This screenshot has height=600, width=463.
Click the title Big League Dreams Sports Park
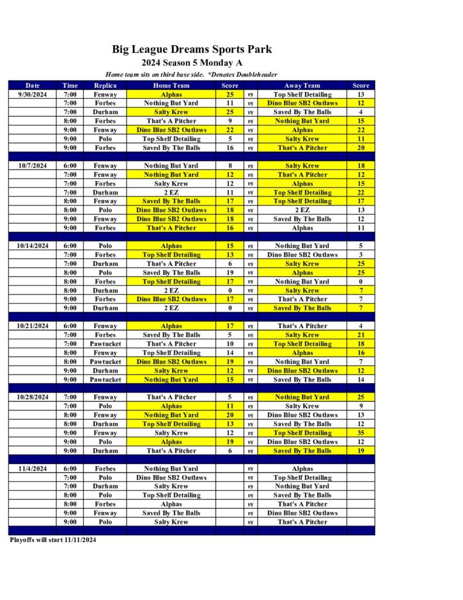click(192, 49)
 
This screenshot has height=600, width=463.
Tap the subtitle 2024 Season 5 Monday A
click(192, 63)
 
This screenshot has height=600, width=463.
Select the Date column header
click(33, 86)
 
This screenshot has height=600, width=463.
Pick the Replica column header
click(105, 86)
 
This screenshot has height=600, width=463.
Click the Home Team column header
click(171, 86)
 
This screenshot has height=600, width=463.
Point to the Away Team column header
click(302, 86)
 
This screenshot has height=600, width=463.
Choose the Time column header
click(70, 86)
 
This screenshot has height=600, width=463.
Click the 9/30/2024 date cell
click(33, 94)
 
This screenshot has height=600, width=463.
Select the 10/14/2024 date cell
click(33, 246)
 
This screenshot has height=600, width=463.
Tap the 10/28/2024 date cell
click(33, 397)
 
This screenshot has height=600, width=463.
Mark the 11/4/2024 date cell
click(33, 469)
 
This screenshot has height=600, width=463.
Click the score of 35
click(361, 433)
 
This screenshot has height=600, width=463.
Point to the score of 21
click(361, 335)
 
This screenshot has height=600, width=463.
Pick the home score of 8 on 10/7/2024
click(229, 166)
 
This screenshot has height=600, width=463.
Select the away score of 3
click(361, 255)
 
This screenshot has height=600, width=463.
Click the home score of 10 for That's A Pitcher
click(229, 344)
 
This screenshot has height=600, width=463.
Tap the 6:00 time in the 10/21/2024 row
click(70, 326)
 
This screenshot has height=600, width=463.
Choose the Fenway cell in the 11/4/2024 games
click(105, 513)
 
